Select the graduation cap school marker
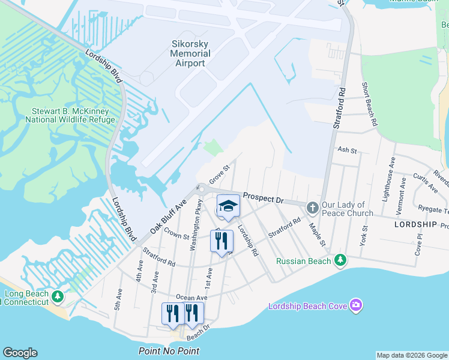tap(228, 206)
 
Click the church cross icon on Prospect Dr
tap(312, 208)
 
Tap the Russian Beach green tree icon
tap(340, 260)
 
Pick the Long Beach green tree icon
tap(58, 296)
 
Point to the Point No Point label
tap(169, 351)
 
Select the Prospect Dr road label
tap(262, 198)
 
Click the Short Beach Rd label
tap(369, 104)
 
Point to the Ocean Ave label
tap(191, 298)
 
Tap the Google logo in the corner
tap(20, 353)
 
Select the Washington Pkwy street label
tap(194, 228)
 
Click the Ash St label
tap(347, 149)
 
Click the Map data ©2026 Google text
tap(412, 355)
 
